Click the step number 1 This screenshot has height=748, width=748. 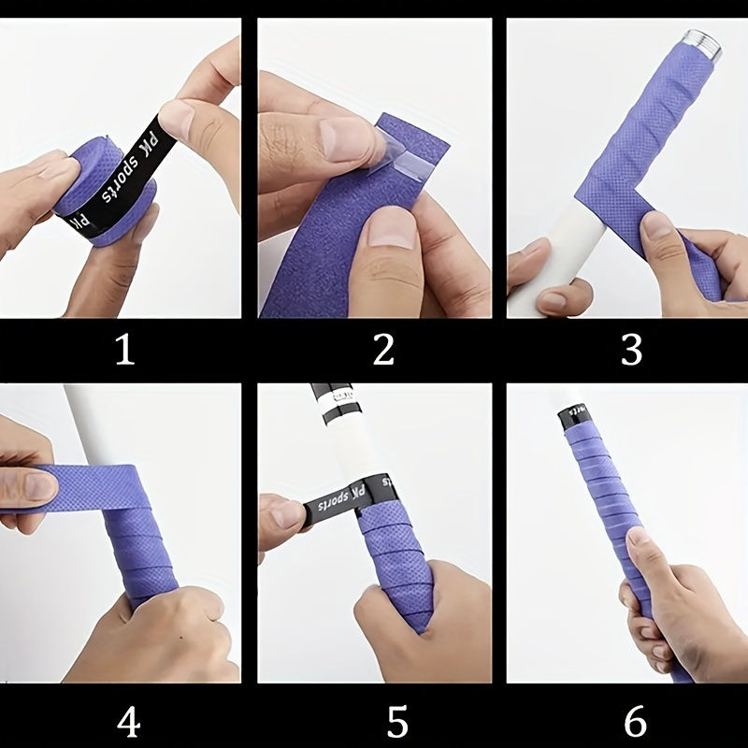(124, 351)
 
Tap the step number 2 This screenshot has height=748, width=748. (383, 351)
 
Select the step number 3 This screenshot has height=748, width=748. (631, 351)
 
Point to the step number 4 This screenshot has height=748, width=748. (128, 722)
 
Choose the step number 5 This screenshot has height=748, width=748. (397, 722)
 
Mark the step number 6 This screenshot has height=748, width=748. (635, 722)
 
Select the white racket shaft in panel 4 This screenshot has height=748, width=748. (86, 421)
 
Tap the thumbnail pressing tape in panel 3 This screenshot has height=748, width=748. (658, 225)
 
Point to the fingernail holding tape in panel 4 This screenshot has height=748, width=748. (38, 484)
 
